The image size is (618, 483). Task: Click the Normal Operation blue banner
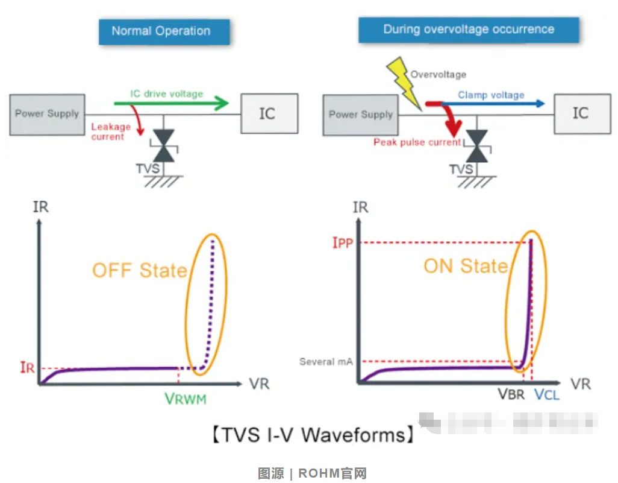(164, 31)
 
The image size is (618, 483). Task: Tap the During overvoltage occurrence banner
(469, 30)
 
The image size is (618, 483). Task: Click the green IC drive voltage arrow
(172, 104)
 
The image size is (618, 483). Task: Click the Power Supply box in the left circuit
(47, 113)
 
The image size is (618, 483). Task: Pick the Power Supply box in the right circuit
(360, 114)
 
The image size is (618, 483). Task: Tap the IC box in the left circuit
(269, 113)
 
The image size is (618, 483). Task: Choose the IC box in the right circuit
(581, 113)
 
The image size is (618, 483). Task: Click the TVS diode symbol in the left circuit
(163, 145)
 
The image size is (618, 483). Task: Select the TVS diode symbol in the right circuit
(477, 147)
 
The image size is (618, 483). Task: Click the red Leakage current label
(111, 131)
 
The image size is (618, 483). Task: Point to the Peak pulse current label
(417, 142)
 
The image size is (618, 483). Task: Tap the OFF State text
(140, 270)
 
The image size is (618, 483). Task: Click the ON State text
(466, 266)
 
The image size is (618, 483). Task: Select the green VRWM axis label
(189, 399)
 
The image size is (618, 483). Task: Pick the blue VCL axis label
(547, 395)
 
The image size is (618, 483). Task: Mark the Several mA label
(325, 362)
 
